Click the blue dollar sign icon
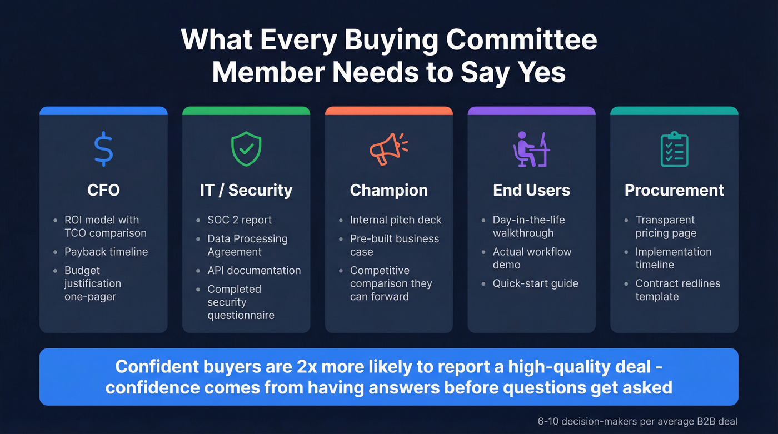103,149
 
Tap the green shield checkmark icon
246,148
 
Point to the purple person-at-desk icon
531,149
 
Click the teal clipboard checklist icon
674,149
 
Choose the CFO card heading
103,190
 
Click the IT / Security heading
246,190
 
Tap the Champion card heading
389,190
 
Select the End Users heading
532,190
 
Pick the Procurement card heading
674,190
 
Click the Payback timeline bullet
106,252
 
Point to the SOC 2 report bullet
240,220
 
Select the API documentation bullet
254,271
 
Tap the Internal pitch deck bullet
396,220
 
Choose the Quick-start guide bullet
535,283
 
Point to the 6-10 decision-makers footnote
637,421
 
